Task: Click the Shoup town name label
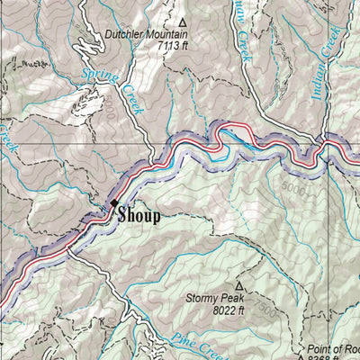139,215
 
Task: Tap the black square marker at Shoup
115,204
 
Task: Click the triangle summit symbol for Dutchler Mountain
183,22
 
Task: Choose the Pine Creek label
189,346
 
